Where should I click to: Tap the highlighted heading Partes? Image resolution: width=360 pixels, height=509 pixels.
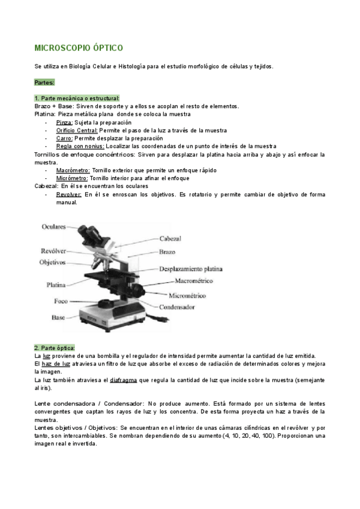tap(45, 82)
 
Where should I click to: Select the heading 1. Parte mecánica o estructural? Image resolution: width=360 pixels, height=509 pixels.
tap(77, 98)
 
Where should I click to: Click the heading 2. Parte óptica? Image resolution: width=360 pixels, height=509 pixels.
tap(55, 348)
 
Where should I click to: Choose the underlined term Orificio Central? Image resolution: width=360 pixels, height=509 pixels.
tap(77, 130)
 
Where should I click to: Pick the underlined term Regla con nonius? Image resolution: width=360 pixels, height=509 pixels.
tap(80, 146)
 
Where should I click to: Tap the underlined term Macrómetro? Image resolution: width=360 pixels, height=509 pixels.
tap(73, 170)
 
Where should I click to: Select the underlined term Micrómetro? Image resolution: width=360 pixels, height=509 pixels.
tap(72, 178)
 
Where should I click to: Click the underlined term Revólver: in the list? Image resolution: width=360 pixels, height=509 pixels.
tap(69, 194)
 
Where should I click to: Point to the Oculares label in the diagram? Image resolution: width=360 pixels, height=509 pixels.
tap(54, 226)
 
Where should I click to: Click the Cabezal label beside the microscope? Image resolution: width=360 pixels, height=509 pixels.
tap(170, 239)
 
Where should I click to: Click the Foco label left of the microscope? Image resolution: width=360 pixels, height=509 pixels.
tap(61, 301)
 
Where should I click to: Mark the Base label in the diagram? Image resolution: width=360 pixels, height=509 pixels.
tap(58, 317)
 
